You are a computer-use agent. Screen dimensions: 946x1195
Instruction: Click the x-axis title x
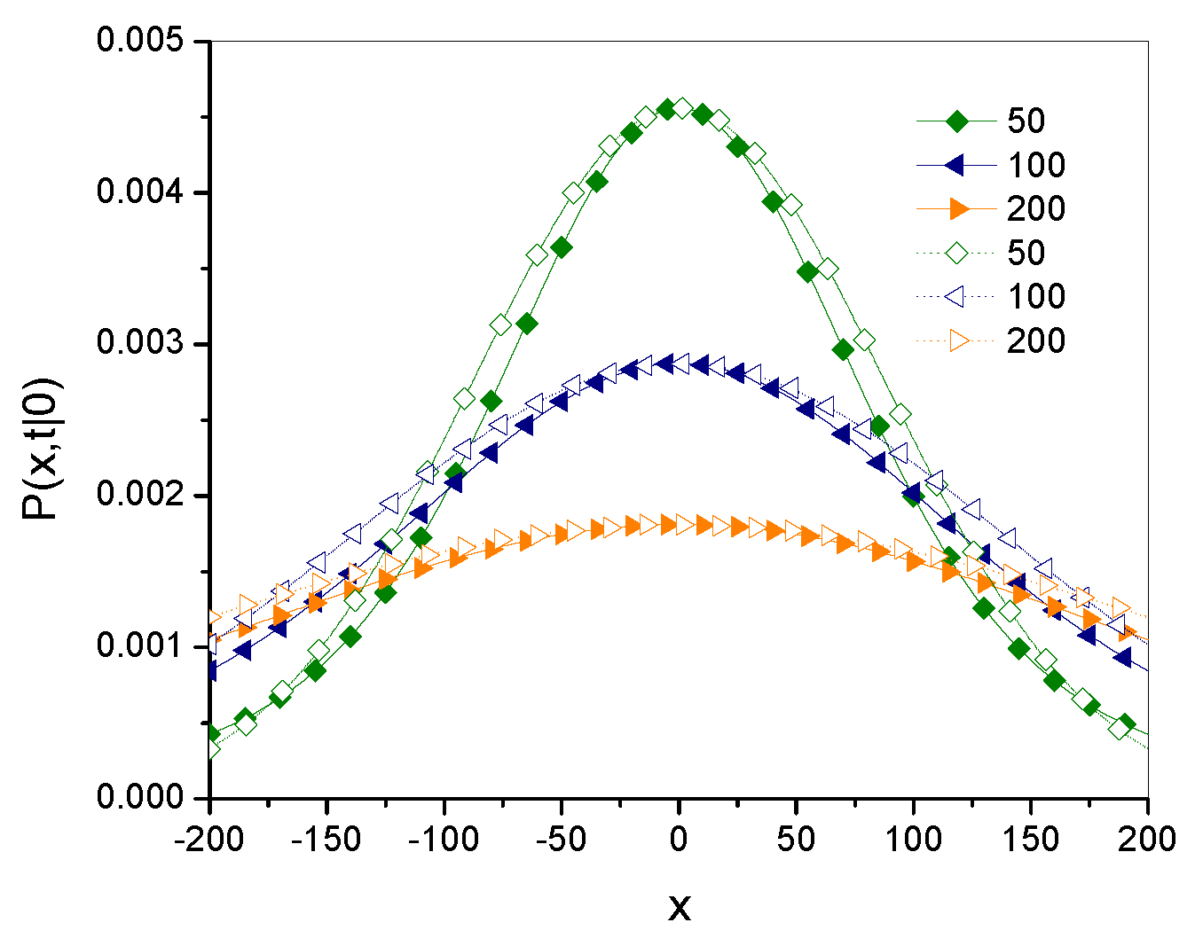[679, 906]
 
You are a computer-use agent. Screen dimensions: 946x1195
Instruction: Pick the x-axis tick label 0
[679, 839]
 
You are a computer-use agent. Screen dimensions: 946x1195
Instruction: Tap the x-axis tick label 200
[1147, 839]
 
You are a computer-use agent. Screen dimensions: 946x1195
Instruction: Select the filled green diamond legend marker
[956, 121]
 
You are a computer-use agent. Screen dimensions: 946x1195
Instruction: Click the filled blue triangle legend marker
[956, 165]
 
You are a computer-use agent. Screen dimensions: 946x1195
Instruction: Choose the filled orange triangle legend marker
[956, 209]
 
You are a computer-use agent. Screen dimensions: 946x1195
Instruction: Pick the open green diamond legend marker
[956, 254]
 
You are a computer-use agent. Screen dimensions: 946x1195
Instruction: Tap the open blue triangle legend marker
[956, 297]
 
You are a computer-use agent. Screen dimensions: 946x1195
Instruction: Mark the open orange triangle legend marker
[956, 340]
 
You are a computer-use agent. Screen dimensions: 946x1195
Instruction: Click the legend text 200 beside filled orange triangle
[1035, 209]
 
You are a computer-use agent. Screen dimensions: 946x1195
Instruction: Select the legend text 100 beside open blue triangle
[1035, 297]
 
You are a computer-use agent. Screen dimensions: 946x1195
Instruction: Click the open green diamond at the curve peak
[681, 108]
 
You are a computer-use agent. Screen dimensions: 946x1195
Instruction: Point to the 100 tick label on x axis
[914, 839]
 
